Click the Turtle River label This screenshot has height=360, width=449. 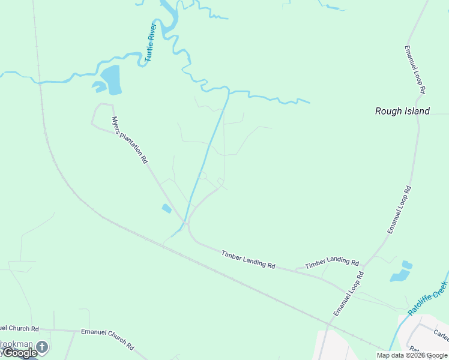151,43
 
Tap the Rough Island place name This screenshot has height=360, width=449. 402,111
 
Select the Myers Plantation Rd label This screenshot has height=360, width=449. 130,139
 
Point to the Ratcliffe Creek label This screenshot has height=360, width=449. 428,298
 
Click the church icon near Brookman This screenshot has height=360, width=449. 42,347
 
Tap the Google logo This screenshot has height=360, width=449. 19,353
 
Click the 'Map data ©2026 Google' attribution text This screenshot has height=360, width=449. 412,355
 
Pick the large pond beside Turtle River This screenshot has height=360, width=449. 111,80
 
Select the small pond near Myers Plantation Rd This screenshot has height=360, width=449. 166,208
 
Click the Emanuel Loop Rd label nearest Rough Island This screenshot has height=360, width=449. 415,69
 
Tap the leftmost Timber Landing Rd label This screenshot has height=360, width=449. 248,260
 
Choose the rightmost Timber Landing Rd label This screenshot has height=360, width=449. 331,262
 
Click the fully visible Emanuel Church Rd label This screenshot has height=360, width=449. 107,339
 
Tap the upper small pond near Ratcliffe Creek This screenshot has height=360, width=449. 407,265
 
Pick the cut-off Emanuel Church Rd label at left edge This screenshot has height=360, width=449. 19,329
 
